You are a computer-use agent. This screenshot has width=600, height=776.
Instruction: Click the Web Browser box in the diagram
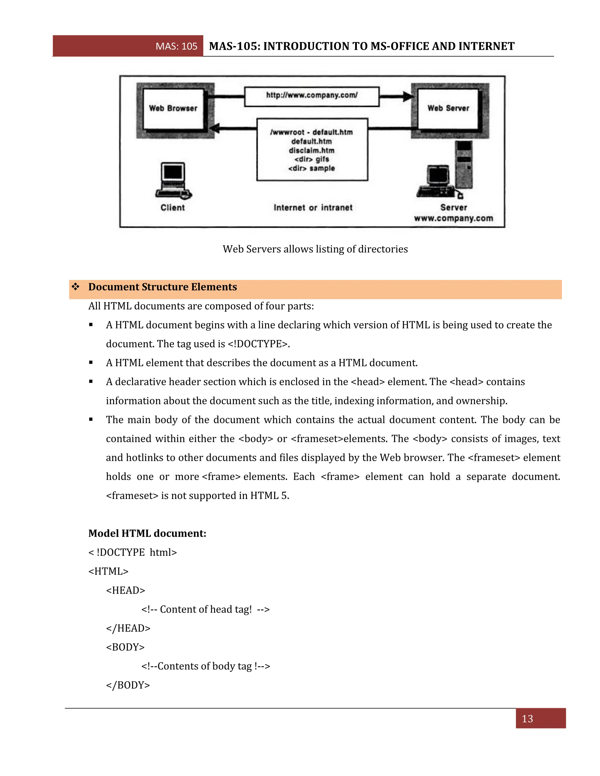(173, 108)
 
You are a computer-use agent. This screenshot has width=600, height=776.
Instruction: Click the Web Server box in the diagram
(448, 108)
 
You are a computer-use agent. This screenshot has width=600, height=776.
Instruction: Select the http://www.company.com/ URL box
(312, 96)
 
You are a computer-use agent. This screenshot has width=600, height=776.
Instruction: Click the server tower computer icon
(464, 165)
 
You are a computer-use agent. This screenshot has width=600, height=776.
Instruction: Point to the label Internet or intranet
(313, 208)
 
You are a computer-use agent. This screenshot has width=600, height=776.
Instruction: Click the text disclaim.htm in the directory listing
(311, 150)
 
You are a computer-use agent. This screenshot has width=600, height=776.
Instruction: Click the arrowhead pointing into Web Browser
(215, 129)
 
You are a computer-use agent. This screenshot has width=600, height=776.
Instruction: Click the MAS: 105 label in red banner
(176, 46)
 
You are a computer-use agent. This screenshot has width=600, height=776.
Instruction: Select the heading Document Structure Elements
(162, 287)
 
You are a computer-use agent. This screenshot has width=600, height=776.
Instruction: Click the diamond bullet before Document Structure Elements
(75, 287)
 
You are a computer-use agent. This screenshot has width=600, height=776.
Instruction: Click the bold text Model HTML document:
(147, 533)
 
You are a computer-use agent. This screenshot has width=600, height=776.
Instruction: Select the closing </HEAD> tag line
(128, 628)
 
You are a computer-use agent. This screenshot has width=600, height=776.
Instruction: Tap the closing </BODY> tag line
(128, 685)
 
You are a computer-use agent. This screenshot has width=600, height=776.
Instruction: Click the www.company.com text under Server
(453, 218)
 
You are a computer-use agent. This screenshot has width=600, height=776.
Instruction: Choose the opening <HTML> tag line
(108, 571)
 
